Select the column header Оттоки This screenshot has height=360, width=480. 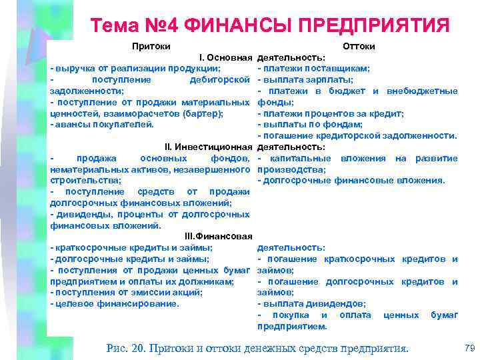click(x=358, y=46)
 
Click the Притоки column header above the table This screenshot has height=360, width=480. click(x=151, y=46)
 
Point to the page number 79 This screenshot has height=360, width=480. click(x=469, y=347)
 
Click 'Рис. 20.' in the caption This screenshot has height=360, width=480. click(x=126, y=347)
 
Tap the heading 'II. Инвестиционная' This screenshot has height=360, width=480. click(x=208, y=147)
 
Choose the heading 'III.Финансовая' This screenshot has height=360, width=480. click(x=218, y=236)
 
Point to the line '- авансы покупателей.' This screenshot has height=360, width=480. click(x=102, y=124)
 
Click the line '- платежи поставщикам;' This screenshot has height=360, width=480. click(x=314, y=68)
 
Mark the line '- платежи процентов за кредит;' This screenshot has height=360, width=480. click(x=331, y=113)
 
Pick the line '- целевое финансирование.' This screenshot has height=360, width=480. click(x=115, y=303)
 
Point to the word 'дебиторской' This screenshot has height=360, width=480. click(x=220, y=79)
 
